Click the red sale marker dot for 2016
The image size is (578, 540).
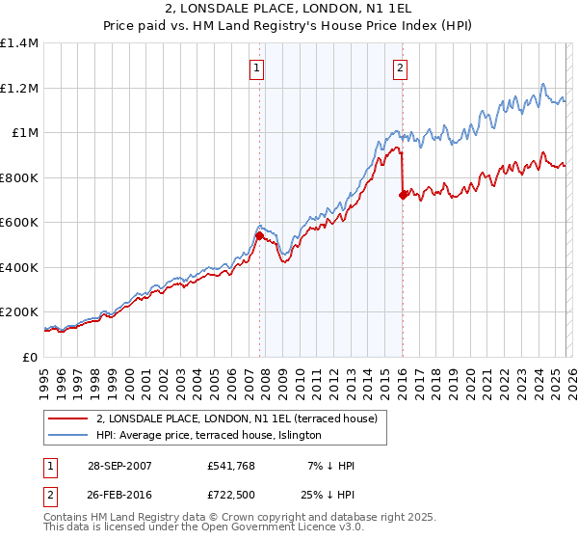(x=402, y=195)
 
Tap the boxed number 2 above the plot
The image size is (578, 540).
(x=400, y=67)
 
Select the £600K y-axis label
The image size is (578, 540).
(x=19, y=223)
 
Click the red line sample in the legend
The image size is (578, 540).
(x=69, y=418)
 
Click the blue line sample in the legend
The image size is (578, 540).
(x=69, y=436)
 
